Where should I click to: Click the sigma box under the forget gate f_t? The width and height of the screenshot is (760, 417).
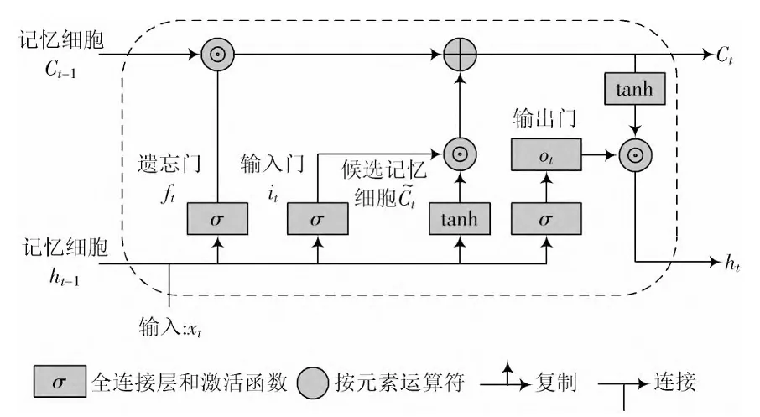click(x=217, y=220)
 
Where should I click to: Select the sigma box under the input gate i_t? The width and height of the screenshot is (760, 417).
click(x=316, y=220)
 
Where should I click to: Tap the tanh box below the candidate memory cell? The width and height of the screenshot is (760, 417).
click(x=459, y=220)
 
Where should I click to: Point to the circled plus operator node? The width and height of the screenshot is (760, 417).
click(x=460, y=56)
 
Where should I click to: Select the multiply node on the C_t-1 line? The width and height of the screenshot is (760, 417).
click(x=217, y=56)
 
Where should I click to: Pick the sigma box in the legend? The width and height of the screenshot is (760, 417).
click(x=59, y=382)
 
